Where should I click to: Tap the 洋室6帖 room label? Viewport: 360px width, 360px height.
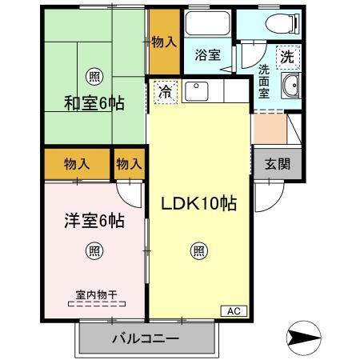pos(94,221)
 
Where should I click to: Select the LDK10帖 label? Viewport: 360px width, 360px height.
pos(200,203)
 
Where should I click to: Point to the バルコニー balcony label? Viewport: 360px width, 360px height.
pos(146,339)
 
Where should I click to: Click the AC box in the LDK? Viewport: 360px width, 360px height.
pos(233,310)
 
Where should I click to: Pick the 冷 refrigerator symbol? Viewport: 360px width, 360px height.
pos(165,91)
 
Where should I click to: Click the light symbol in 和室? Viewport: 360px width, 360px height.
pos(95,77)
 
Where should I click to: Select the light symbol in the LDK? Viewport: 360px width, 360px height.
pos(198,251)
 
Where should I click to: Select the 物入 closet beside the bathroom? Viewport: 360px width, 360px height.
pos(165,42)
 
